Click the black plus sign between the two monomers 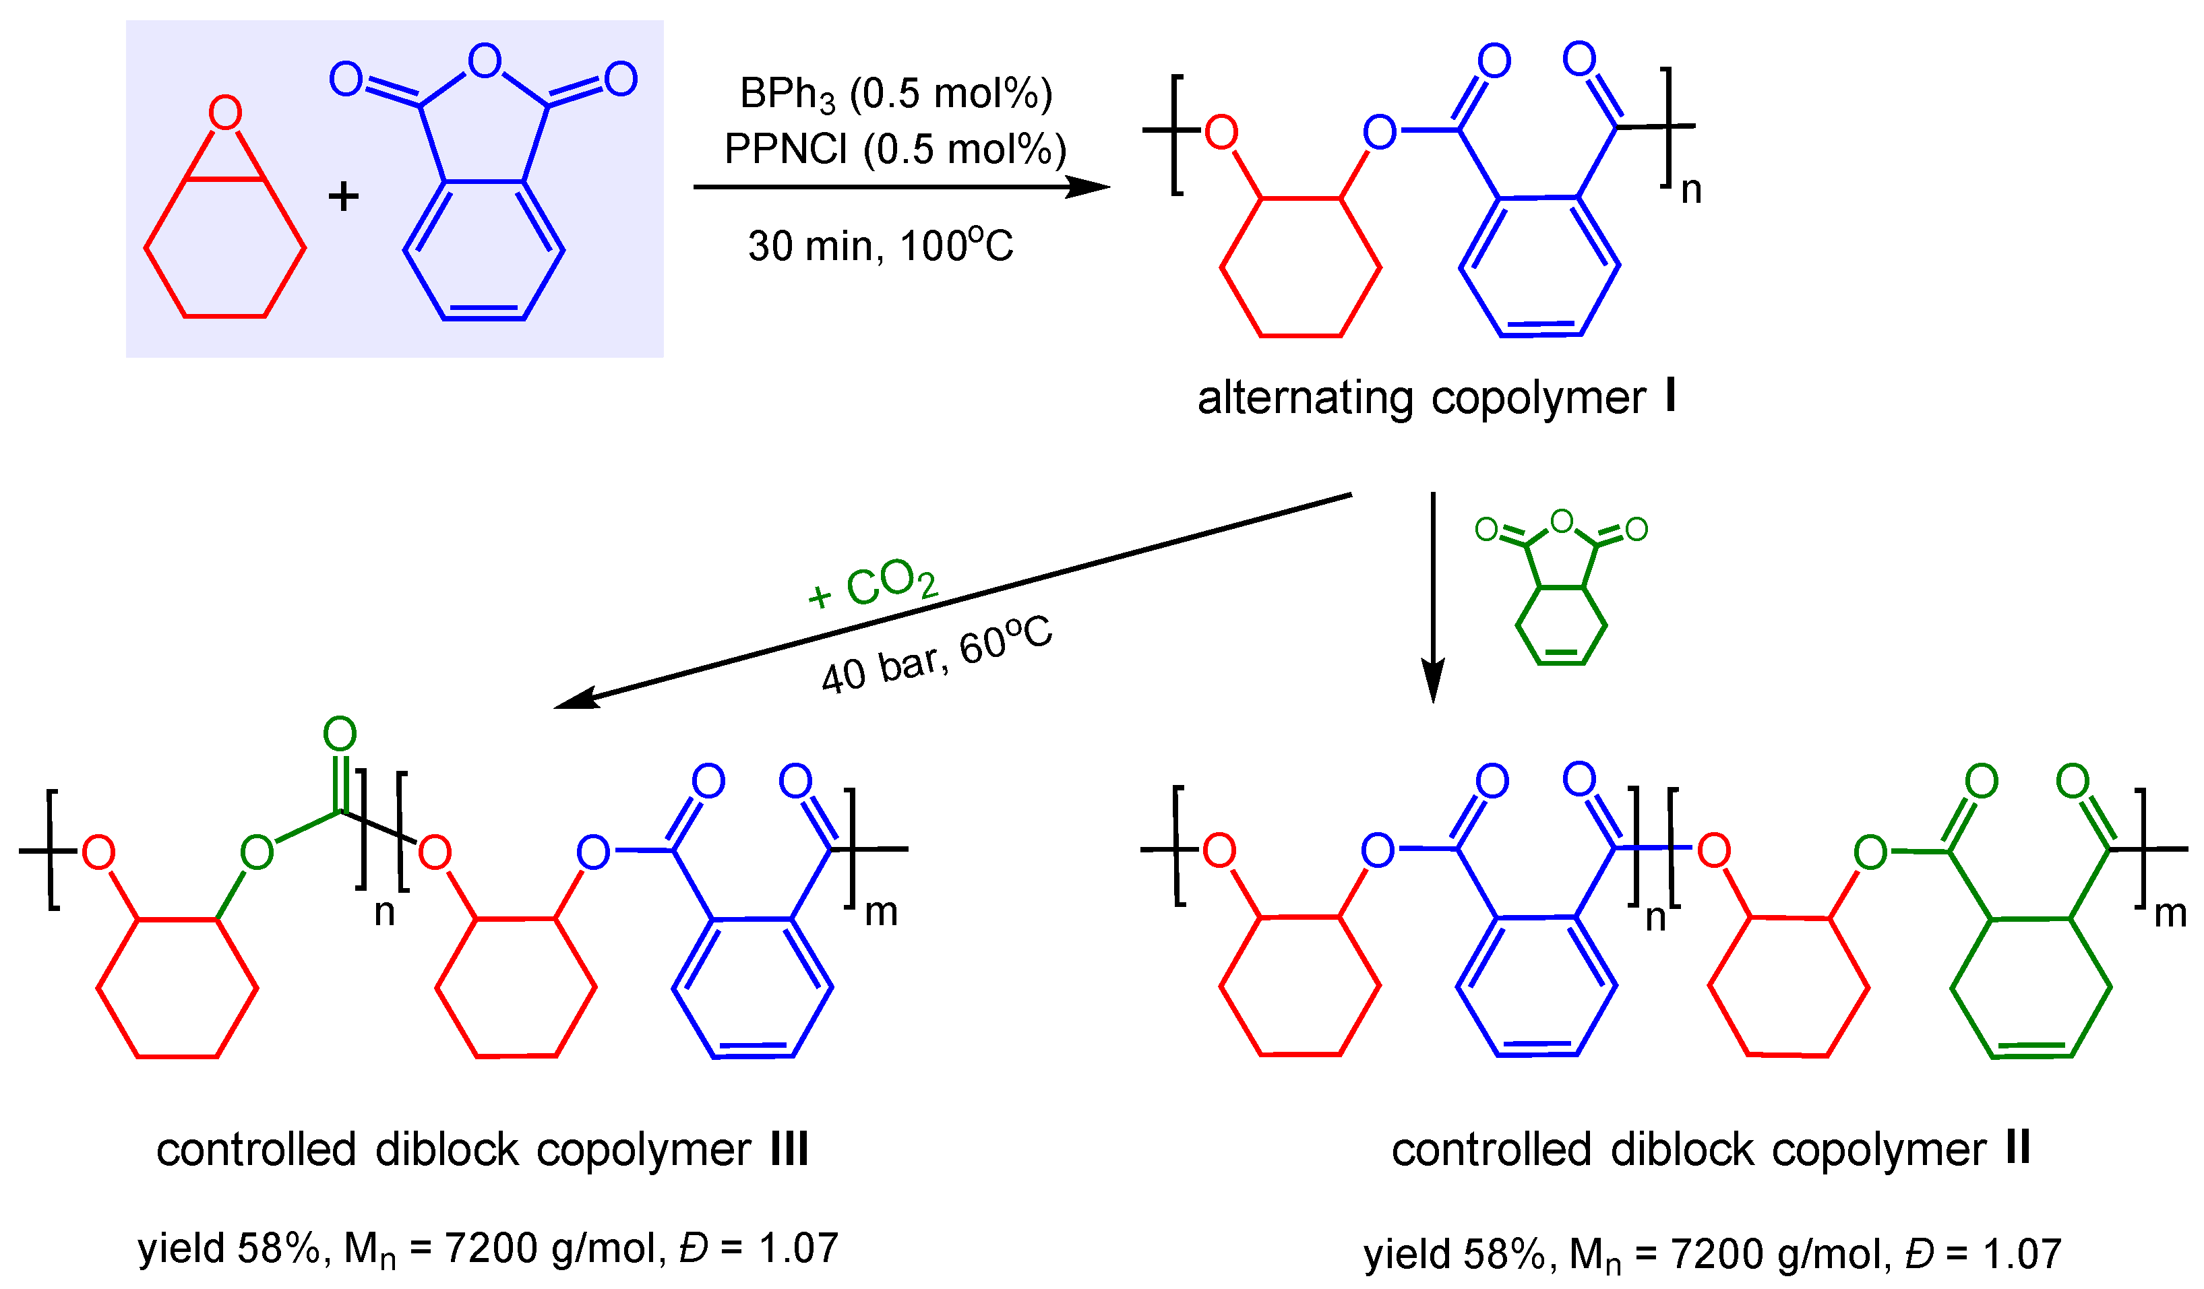tap(344, 196)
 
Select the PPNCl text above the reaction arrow tap(785, 150)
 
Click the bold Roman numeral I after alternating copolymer tap(1670, 396)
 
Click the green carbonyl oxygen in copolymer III tap(340, 734)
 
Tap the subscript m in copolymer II tap(2170, 914)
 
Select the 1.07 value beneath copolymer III tap(799, 1248)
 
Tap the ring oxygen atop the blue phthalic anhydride tap(485, 61)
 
